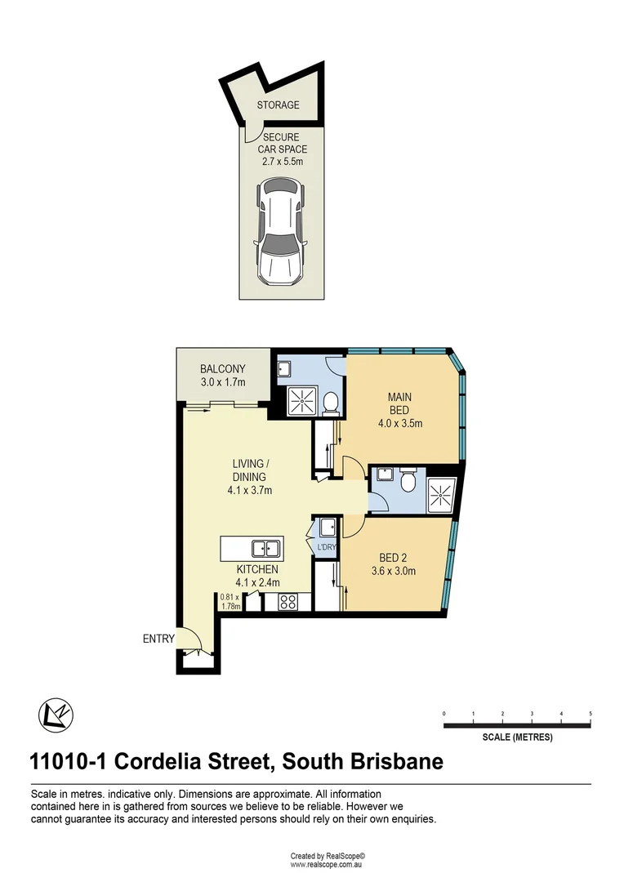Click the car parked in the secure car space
click(x=279, y=233)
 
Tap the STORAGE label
click(x=278, y=105)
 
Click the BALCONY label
click(x=222, y=369)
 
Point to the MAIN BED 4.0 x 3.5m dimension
click(x=399, y=424)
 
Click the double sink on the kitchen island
click(x=266, y=548)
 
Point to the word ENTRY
click(x=158, y=639)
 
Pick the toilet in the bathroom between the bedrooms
click(x=409, y=483)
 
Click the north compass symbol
click(x=56, y=716)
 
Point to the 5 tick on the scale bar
click(x=591, y=715)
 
